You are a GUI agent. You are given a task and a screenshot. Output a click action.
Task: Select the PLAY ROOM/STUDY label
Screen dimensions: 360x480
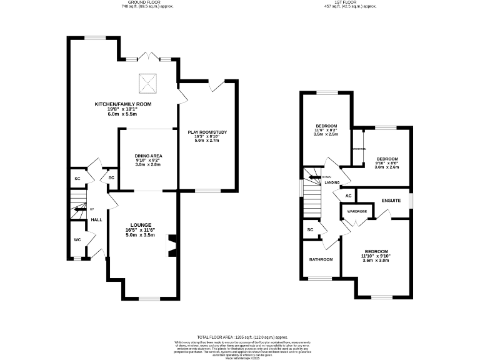(x=207, y=132)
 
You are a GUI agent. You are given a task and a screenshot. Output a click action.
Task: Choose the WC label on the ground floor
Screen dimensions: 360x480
(x=77, y=239)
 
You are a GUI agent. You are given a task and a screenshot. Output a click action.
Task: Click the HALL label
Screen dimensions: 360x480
(x=97, y=220)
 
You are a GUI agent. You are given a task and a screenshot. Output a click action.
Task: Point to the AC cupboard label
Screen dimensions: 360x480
(x=348, y=196)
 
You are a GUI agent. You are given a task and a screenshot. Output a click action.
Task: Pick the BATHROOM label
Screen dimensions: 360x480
(x=321, y=259)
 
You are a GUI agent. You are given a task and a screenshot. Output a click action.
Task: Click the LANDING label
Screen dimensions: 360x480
(x=331, y=182)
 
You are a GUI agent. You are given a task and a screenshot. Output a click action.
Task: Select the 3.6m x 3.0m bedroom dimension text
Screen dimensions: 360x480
(x=376, y=261)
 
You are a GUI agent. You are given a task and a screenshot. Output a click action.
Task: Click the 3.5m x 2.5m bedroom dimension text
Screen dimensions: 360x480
(x=326, y=134)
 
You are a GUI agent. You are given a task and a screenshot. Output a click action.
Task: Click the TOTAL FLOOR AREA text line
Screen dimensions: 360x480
(x=240, y=336)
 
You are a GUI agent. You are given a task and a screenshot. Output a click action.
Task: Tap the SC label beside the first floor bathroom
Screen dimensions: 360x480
(x=310, y=230)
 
